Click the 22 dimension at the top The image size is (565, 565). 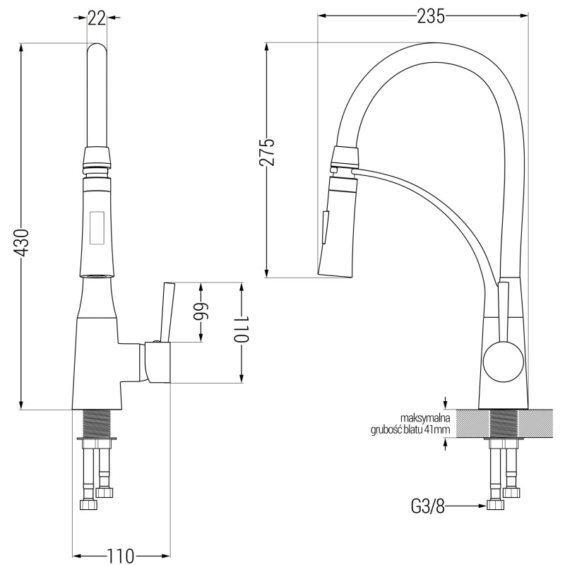(x=97, y=18)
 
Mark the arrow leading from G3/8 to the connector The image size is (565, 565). (x=466, y=506)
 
